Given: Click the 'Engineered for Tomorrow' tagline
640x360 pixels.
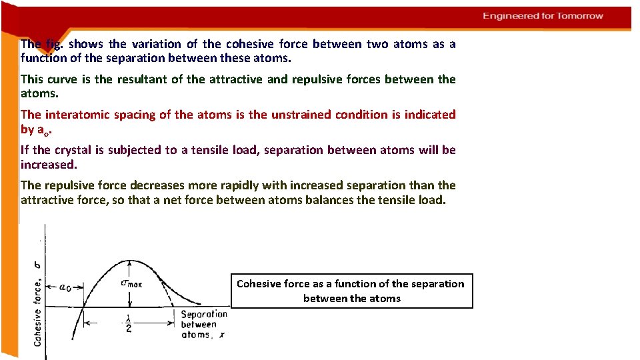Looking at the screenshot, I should [x=543, y=16].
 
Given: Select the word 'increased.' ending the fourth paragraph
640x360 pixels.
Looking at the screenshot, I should [x=49, y=164].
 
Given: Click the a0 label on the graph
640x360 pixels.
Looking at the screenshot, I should [x=67, y=287].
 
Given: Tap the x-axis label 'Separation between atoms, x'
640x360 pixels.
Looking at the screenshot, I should [x=203, y=324].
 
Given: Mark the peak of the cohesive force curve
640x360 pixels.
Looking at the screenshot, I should [x=128, y=261].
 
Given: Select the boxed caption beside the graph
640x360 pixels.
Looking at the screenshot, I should [x=351, y=291].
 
